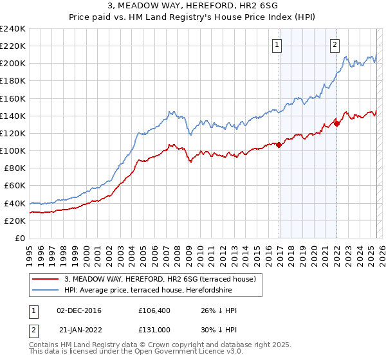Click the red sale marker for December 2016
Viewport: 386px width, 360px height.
pos(279,145)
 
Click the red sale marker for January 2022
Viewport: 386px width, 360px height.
pos(336,123)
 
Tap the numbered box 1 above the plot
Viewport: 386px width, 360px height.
pos(277,45)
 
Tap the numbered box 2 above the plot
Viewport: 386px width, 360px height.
pos(335,45)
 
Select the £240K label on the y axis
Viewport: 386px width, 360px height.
pos(14,29)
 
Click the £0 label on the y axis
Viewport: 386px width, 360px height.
pos(21,238)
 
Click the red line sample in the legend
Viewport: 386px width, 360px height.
pos(46,279)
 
